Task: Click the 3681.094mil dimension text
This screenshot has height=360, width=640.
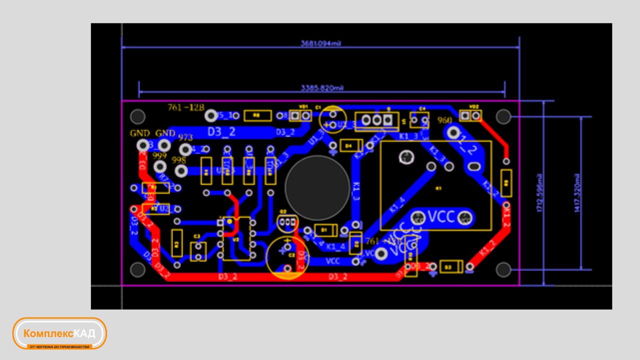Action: (320, 43)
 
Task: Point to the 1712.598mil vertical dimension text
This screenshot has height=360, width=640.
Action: (539, 193)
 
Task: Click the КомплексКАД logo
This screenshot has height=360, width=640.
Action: (59, 333)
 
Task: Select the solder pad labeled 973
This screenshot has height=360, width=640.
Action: (185, 149)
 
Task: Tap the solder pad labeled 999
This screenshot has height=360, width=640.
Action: (160, 166)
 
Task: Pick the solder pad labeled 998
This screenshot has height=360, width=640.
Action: (181, 171)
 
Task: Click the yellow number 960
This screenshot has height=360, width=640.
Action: (444, 120)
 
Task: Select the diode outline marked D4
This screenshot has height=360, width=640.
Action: (351, 145)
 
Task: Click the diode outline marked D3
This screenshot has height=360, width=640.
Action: (451, 267)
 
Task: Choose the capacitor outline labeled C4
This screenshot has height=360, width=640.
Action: (419, 119)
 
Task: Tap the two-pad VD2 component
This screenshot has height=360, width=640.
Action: (470, 115)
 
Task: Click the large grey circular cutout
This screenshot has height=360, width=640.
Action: (317, 186)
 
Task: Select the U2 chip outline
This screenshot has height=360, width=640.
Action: (236, 239)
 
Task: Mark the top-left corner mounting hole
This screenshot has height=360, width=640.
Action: (137, 117)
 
